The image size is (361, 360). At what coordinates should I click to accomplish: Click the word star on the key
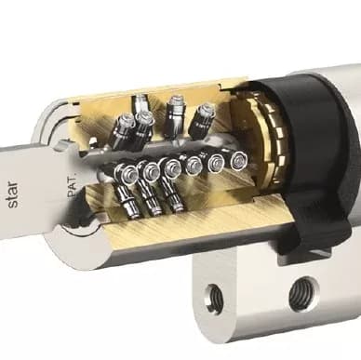pyautogui.click(x=14, y=195)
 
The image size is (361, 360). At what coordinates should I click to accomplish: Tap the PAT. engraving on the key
pyautogui.click(x=73, y=186)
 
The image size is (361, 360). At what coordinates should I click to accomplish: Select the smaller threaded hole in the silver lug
pyautogui.click(x=215, y=295)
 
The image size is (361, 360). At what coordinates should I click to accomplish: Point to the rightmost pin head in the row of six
pyautogui.click(x=239, y=159)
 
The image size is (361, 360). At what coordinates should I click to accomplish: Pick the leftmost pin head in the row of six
pyautogui.click(x=129, y=173)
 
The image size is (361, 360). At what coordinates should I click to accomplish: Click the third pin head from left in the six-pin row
pyautogui.click(x=172, y=167)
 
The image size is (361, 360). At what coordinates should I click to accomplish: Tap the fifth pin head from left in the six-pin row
pyautogui.click(x=217, y=161)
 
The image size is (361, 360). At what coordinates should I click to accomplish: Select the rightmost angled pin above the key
pyautogui.click(x=204, y=119)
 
